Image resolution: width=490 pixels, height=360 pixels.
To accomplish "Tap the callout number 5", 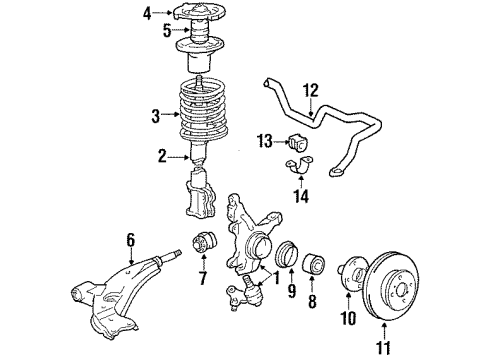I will pos(151,30).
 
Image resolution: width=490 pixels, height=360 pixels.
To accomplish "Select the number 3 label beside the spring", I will pos(155,115).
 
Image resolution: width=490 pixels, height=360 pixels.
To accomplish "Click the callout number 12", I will pos(311,90).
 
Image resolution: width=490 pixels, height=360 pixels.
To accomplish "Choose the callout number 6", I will pos(130,239).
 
